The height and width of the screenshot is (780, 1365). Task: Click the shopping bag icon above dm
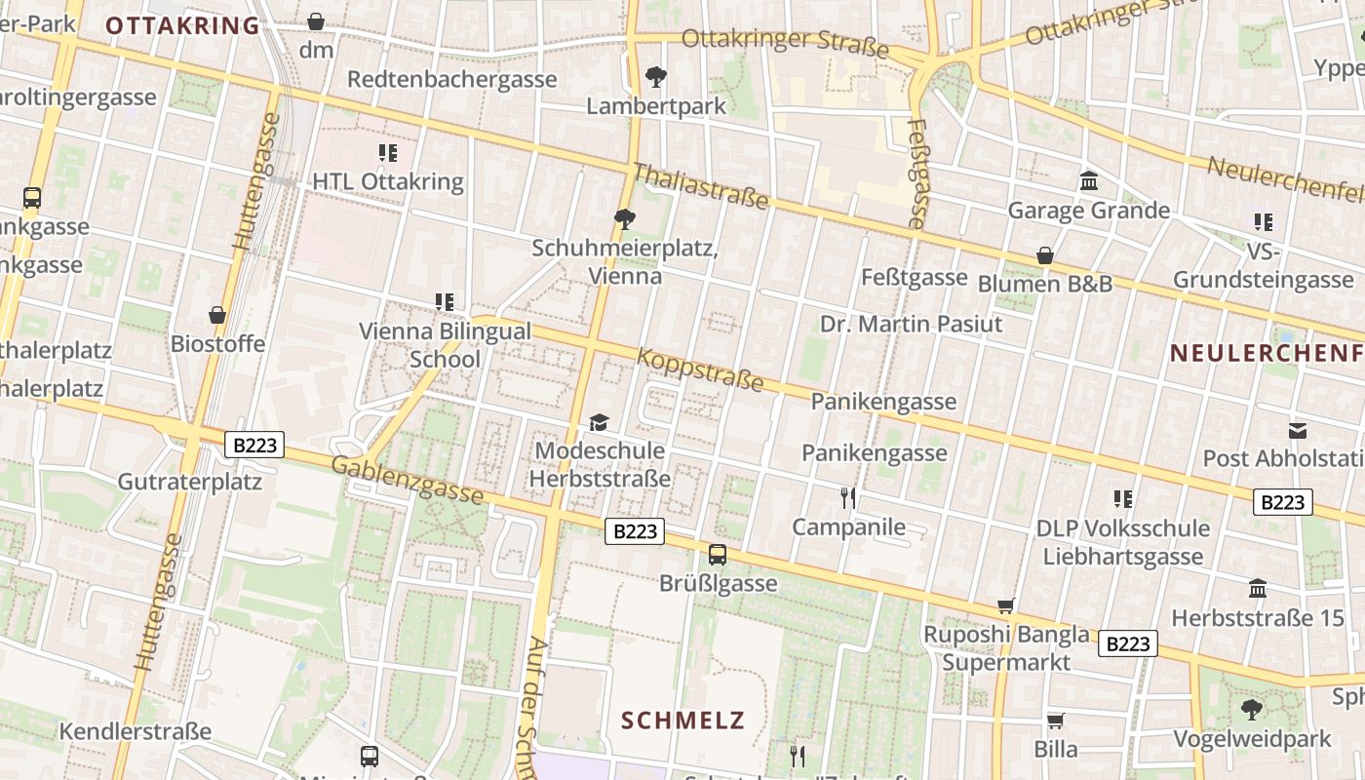(316, 20)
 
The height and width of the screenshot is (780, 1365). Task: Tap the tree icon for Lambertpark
(656, 76)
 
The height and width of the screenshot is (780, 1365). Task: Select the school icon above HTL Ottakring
(388, 153)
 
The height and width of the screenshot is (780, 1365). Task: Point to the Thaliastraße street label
(700, 186)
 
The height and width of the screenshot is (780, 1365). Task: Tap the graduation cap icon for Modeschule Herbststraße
(599, 422)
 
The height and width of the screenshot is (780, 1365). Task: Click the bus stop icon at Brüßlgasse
(718, 555)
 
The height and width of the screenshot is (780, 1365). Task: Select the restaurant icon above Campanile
(848, 498)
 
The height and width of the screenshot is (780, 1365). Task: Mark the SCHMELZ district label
(682, 721)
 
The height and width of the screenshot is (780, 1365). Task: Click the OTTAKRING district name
(182, 25)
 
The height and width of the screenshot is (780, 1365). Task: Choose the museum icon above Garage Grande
(1088, 181)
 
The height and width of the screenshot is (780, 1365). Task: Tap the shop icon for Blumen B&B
(1044, 255)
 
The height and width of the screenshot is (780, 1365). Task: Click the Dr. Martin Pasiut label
(911, 324)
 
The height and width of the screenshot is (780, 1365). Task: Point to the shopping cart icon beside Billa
(1055, 721)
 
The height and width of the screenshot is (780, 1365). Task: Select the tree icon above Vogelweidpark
(1252, 709)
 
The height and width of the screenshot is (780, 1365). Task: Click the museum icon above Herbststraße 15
(1258, 589)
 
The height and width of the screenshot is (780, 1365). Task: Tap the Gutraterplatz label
(189, 482)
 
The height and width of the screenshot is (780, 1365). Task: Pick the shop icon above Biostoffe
(217, 315)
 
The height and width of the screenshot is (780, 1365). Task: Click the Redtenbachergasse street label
(451, 79)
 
